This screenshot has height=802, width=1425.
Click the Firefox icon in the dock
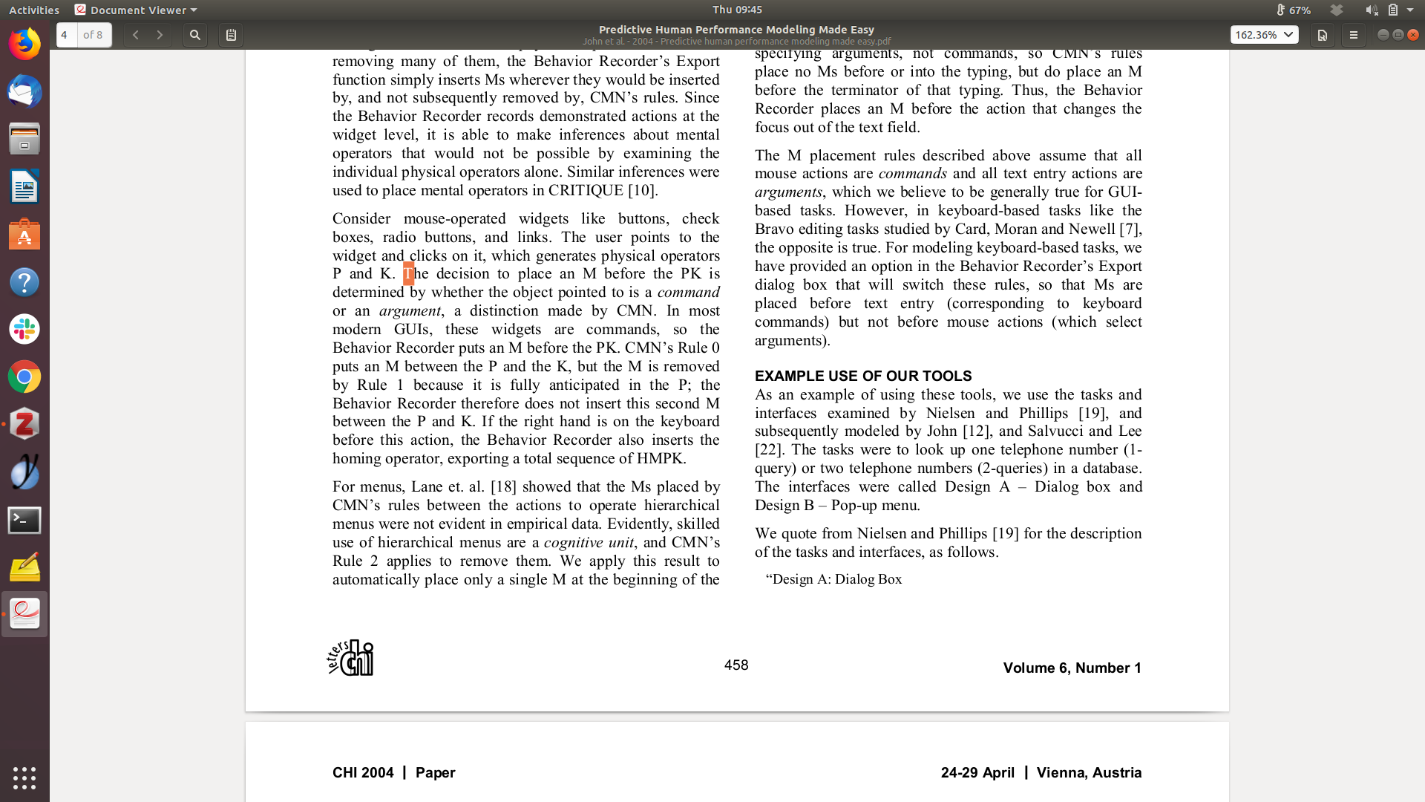(24, 44)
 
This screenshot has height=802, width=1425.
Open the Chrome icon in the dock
(24, 377)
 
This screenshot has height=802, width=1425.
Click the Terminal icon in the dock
(24, 521)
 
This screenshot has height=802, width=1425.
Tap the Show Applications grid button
(24, 777)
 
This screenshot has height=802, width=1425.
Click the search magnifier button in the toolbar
(194, 35)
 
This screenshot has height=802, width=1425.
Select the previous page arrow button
(136, 35)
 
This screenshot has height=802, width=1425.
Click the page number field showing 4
(66, 35)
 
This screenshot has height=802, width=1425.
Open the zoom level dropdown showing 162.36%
(1264, 35)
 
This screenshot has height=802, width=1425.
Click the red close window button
(1413, 35)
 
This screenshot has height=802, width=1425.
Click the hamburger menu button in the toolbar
(1353, 35)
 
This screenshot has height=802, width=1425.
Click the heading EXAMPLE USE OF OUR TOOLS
(863, 376)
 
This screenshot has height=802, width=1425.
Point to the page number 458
(736, 665)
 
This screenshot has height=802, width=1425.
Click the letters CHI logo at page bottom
(351, 658)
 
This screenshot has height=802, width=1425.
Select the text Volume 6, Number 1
(1072, 668)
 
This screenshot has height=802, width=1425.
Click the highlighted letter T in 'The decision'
(408, 274)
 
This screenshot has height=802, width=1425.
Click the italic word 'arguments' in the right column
(788, 192)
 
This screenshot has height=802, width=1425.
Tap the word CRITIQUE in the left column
(586, 191)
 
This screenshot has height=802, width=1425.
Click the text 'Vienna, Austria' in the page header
(1089, 773)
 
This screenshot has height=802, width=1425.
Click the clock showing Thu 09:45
(737, 10)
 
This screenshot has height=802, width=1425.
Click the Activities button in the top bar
(34, 10)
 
